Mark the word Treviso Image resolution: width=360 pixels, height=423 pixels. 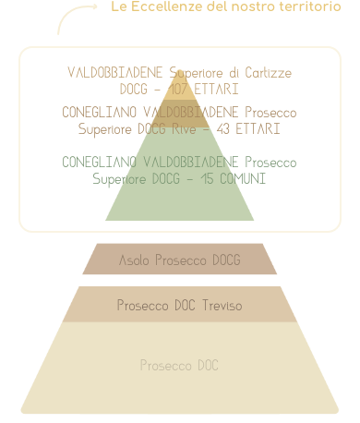(222, 305)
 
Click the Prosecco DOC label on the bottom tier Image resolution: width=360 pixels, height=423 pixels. (179, 366)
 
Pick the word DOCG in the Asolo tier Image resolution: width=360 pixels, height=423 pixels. (225, 260)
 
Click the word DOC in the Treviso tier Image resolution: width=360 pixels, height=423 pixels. (186, 305)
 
